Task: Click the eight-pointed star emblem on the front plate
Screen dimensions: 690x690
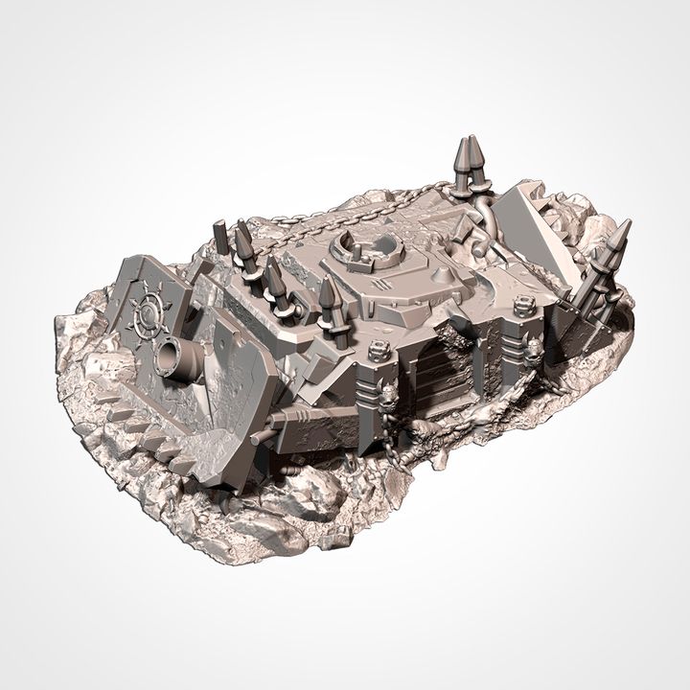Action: pos(149,311)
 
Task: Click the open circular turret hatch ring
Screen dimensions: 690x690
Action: pos(363,249)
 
